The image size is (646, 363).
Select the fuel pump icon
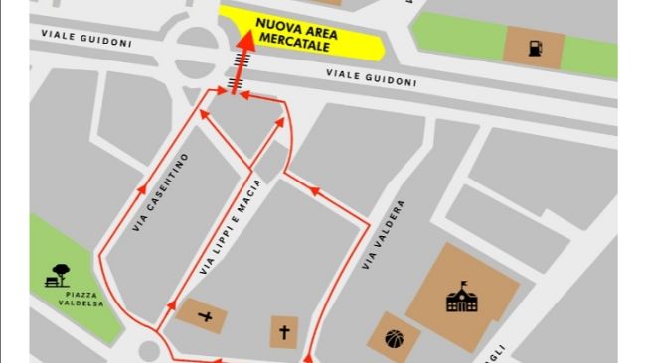[534, 47]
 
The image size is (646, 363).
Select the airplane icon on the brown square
[205, 317]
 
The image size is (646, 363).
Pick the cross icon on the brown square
[284, 331]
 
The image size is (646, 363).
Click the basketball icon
[394, 337]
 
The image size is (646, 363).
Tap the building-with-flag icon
[462, 298]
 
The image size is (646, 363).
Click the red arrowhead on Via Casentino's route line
[142, 187]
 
